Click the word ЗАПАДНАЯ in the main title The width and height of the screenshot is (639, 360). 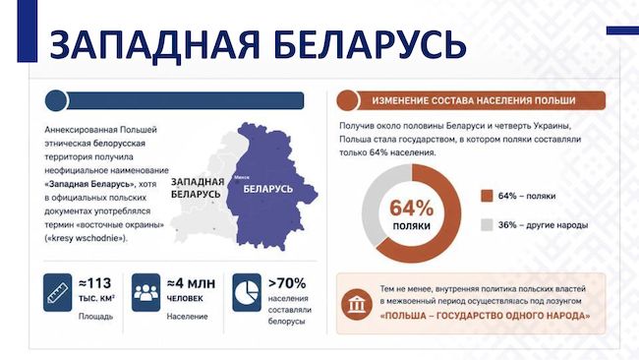click(154, 43)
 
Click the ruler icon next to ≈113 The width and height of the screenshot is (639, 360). click(57, 292)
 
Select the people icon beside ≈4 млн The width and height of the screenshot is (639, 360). click(145, 292)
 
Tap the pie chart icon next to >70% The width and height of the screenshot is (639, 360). click(247, 292)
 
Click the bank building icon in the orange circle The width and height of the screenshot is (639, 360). click(357, 305)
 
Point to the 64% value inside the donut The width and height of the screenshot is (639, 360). click(411, 208)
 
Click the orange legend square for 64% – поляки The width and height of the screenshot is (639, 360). click(487, 196)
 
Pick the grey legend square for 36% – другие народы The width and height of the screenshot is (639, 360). click(487, 225)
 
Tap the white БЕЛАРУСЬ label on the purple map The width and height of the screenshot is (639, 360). click(267, 189)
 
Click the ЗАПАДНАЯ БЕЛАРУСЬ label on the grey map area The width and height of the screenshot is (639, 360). click(198, 188)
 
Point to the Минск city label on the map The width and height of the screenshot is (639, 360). click(242, 177)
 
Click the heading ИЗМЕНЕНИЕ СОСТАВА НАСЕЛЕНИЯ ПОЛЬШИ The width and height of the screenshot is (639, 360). click(474, 100)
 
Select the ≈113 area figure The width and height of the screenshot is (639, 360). click(95, 283)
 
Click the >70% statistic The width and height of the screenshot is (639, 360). click(287, 283)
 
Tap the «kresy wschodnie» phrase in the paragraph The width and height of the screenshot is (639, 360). click(86, 238)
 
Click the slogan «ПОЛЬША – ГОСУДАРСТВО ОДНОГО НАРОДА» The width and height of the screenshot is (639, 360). click(485, 316)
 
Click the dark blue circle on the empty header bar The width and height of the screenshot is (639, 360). click(56, 100)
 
